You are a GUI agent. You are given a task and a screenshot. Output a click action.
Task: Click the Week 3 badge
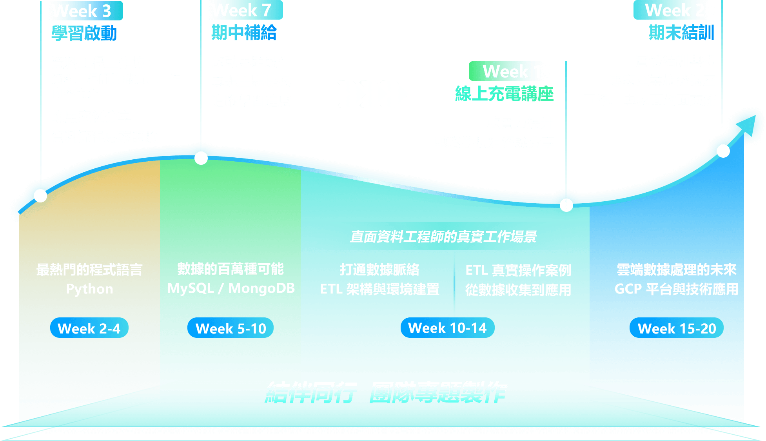coord(86,11)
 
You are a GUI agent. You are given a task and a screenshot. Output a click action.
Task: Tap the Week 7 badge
coord(246,10)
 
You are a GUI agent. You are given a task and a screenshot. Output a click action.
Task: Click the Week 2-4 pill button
coord(89,328)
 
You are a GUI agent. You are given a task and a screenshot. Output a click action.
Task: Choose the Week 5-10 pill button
coord(231,328)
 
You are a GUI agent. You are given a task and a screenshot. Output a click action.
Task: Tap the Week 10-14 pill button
coord(447,328)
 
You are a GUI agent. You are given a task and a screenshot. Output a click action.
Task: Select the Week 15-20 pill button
coord(677,328)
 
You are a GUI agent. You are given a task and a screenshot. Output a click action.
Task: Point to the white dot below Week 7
coord(201,158)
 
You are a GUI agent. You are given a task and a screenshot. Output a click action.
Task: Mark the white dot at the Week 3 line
coord(40,195)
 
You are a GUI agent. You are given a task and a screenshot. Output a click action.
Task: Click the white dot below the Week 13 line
coord(566,205)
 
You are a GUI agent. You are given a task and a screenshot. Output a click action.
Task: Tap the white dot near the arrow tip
coord(723,151)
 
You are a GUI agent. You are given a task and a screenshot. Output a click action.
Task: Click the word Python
coord(89,289)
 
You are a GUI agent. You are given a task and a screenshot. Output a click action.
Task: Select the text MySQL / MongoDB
coord(231,288)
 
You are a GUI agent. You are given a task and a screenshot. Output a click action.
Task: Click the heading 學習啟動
coord(84,33)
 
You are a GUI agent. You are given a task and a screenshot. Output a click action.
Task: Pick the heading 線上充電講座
coord(504,94)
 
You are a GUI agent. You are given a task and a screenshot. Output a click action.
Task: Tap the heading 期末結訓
coord(681,32)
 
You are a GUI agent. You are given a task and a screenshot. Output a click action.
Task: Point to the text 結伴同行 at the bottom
coord(311,392)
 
